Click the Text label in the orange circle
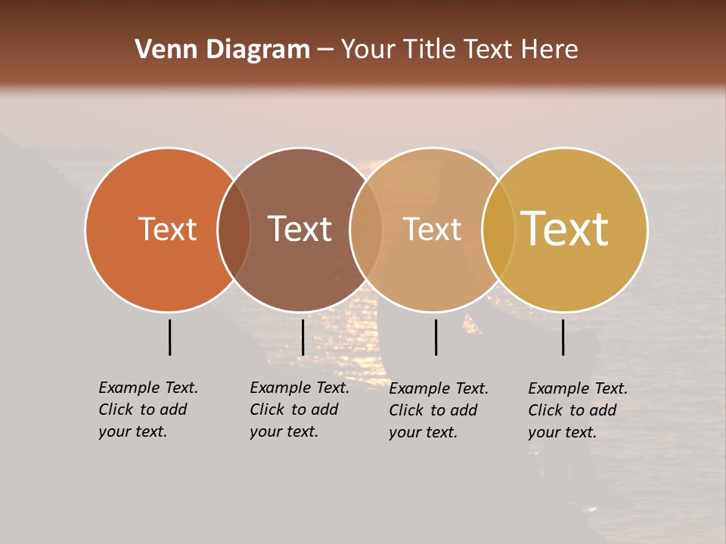(167, 229)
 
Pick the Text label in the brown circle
(299, 229)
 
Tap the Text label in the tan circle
(432, 229)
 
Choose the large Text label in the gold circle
(565, 229)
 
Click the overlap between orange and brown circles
(234, 230)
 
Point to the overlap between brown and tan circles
(366, 230)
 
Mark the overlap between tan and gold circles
(498, 230)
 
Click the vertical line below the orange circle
(169, 337)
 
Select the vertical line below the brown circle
(302, 337)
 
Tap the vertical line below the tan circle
(436, 337)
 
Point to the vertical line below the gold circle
(563, 337)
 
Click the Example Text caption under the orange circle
(148, 410)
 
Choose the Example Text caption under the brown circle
(299, 410)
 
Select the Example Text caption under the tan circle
(439, 410)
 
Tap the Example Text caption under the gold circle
(578, 410)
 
